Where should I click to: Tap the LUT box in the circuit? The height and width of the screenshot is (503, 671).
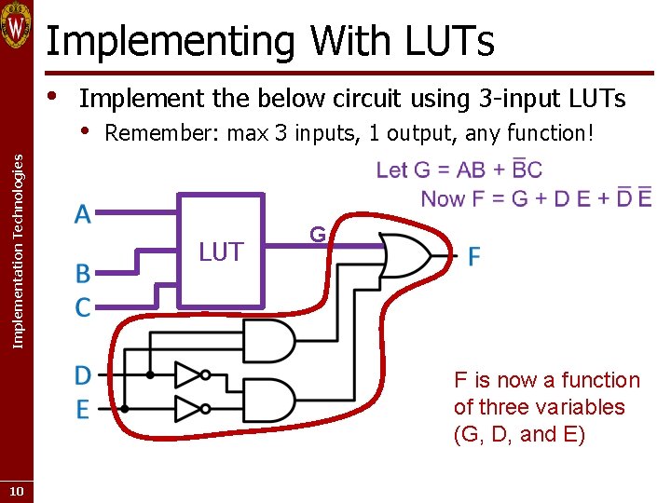click(x=221, y=250)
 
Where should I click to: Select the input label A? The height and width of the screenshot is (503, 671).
click(x=83, y=214)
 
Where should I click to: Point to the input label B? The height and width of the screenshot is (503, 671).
click(x=83, y=274)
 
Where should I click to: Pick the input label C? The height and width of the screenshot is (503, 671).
click(x=83, y=306)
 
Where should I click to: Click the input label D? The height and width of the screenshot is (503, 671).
click(x=83, y=375)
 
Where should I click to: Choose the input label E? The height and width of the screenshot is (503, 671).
click(x=83, y=409)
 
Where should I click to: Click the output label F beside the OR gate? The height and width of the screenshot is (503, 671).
click(x=474, y=256)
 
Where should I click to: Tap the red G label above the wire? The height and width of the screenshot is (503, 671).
click(x=318, y=235)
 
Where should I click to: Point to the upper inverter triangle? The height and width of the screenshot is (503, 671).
click(x=189, y=375)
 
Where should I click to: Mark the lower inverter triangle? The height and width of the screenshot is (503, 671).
click(x=189, y=409)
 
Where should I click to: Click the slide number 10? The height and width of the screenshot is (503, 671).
click(x=17, y=491)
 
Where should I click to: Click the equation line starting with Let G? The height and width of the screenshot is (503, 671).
click(x=459, y=170)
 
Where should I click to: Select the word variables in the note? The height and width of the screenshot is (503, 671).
click(x=579, y=407)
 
